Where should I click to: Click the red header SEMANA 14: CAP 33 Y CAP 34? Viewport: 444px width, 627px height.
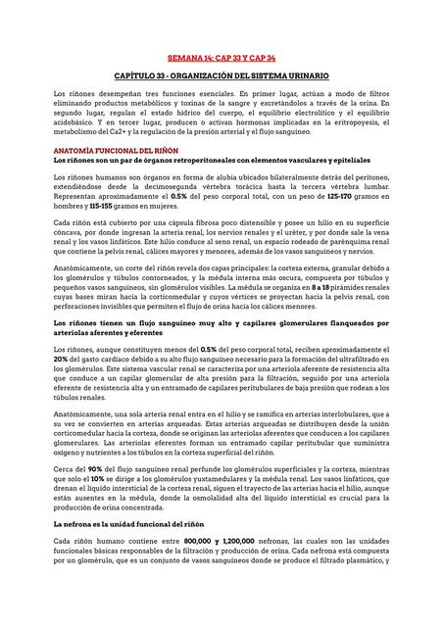click(x=222, y=58)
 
